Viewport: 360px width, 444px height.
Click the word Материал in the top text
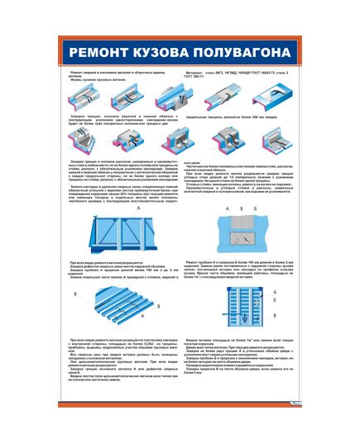197,73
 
